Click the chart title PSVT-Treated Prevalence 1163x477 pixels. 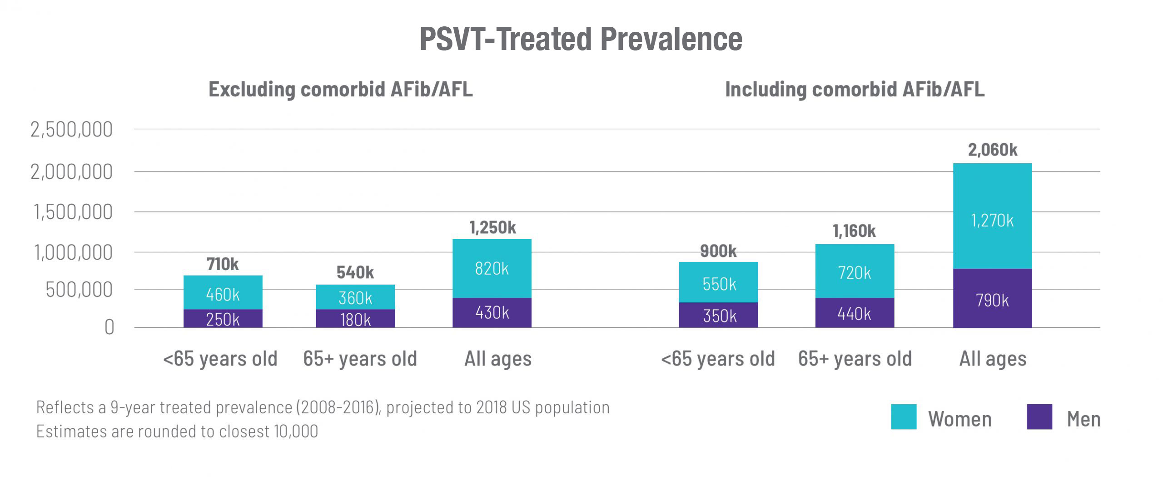click(581, 39)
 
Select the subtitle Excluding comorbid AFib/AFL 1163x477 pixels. click(340, 89)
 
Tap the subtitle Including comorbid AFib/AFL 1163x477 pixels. click(855, 89)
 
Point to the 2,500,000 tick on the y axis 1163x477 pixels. click(71, 130)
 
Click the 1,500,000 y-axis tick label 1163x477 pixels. click(73, 212)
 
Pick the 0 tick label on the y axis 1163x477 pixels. click(109, 327)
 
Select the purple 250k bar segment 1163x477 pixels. click(223, 319)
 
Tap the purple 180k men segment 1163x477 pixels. click(355, 319)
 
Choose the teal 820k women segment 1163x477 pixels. click(492, 268)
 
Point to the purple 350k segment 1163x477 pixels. click(718, 315)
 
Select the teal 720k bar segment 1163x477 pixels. click(855, 271)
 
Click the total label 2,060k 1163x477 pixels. click(993, 150)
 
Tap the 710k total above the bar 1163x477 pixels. click(223, 264)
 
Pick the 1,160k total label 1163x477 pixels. click(854, 231)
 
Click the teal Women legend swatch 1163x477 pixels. click(904, 417)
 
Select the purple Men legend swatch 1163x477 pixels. click(1039, 417)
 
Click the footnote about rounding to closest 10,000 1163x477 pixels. click(177, 431)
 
